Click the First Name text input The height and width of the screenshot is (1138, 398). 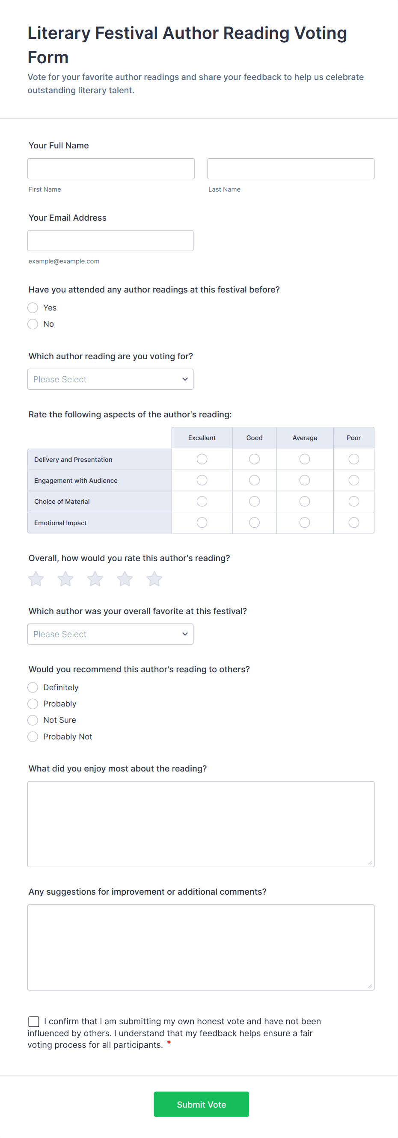110,169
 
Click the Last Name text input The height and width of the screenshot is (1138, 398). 291,169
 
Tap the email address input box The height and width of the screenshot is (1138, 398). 110,241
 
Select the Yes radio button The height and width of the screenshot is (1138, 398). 33,308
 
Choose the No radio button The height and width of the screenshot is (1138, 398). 33,324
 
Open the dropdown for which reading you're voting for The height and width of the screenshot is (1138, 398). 110,379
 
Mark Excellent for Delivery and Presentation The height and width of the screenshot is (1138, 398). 202,459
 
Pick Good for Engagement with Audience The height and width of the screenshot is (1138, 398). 254,480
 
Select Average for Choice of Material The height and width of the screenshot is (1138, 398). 305,501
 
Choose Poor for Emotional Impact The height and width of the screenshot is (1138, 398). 354,523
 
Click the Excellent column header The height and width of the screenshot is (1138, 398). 202,438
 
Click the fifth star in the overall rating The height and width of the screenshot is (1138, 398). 154,579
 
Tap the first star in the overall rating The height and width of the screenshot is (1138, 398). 36,579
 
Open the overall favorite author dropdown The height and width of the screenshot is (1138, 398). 110,634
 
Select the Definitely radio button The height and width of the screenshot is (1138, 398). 33,688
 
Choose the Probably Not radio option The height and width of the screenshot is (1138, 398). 33,737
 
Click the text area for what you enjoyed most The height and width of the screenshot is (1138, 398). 201,825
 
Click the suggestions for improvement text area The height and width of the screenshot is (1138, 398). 201,948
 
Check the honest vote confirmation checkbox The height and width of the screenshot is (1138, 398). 34,1022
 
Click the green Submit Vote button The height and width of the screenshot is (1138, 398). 201,1104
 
